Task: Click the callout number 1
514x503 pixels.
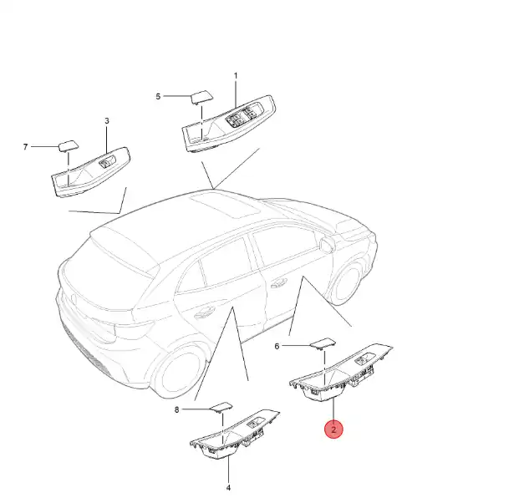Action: pos(236,76)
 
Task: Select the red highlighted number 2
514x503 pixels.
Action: pos(333,429)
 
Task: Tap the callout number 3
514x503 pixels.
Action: pos(107,121)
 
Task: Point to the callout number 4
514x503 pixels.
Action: pos(228,488)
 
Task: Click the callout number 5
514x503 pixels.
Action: pos(158,96)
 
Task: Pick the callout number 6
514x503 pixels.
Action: pos(277,346)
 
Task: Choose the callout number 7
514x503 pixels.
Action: pos(25,147)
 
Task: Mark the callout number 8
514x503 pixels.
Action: pos(176,409)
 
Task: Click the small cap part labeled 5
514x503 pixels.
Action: pos(202,97)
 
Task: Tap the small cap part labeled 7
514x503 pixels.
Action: pos(69,146)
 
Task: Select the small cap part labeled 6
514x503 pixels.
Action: pos(323,343)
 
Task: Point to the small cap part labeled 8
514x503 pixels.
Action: pos(221,407)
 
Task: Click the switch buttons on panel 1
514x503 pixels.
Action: pos(243,116)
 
